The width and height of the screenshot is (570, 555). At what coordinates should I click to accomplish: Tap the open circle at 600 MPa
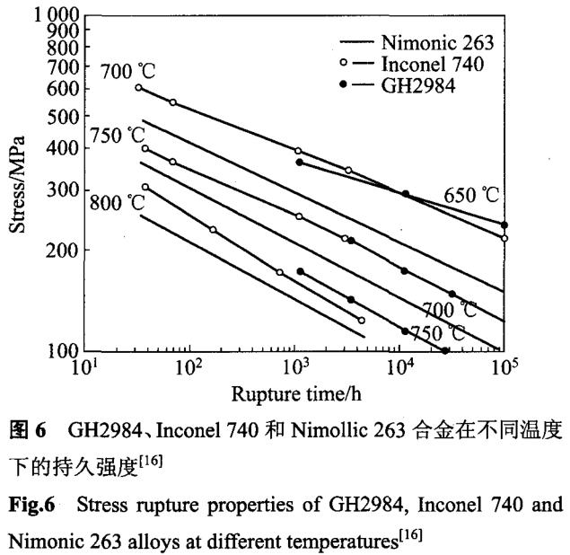point(138,87)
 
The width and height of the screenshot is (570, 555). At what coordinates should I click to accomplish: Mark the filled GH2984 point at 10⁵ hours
point(504,225)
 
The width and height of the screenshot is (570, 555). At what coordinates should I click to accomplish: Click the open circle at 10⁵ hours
point(504,238)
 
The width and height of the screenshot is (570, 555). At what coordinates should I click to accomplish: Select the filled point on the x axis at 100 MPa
point(445,350)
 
